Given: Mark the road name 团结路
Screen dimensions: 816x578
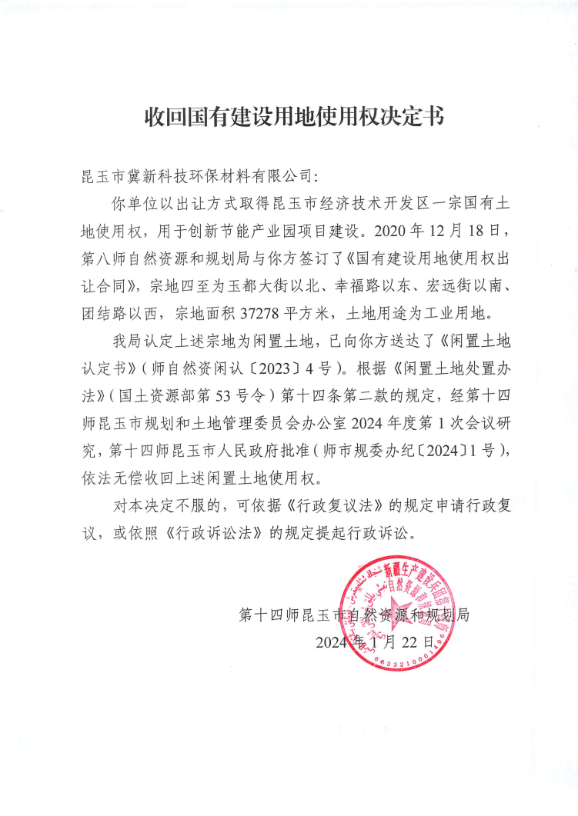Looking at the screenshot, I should (105, 311).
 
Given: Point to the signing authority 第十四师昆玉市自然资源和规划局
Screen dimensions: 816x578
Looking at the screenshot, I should (354, 614).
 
